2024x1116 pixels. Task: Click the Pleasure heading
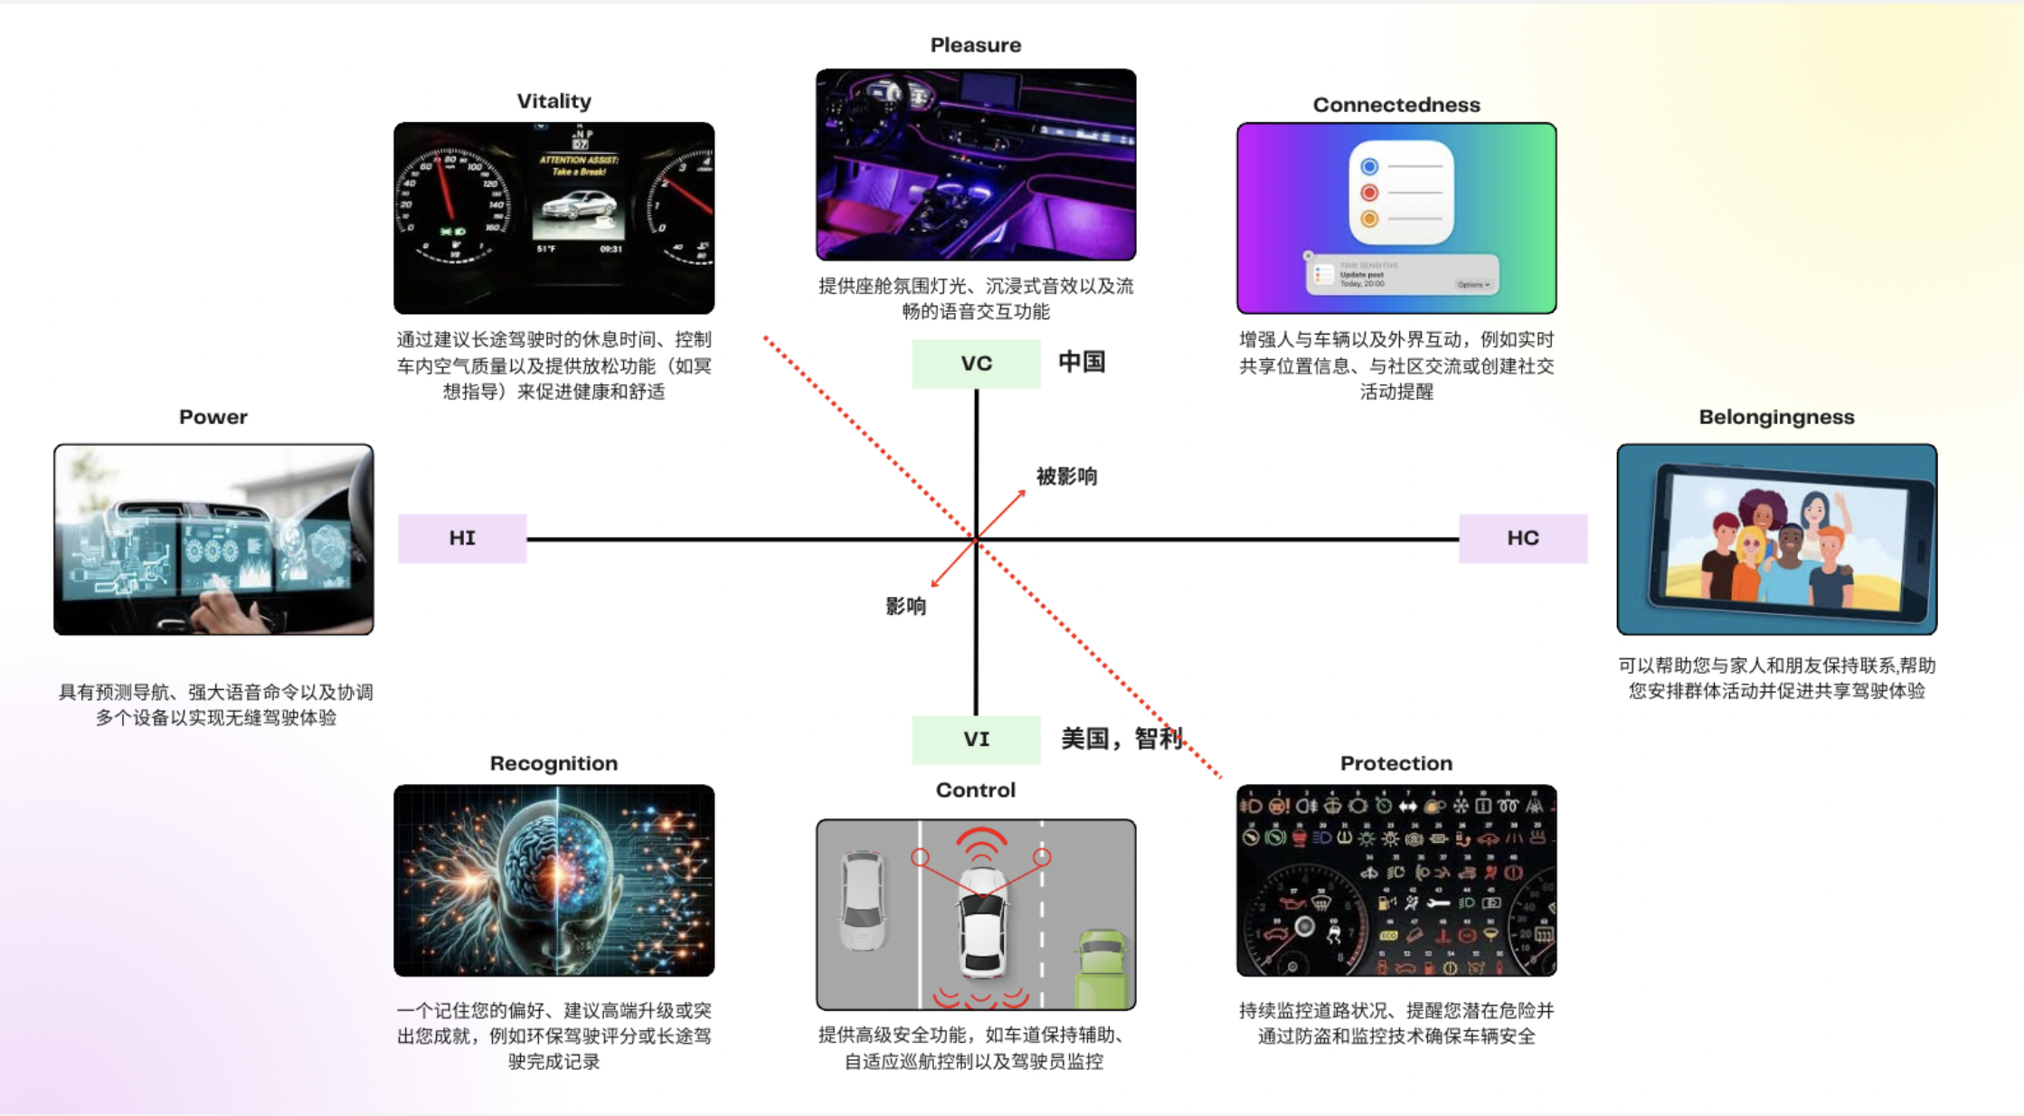(975, 45)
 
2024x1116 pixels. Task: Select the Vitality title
(553, 101)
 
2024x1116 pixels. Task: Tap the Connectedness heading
(1395, 105)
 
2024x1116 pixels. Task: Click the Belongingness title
(1775, 417)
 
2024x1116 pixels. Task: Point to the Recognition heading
(553, 763)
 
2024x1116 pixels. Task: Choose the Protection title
(1395, 763)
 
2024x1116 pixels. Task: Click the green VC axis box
(976, 364)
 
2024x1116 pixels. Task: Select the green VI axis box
(976, 740)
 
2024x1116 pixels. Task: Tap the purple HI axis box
(462, 538)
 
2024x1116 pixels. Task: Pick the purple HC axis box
(1522, 538)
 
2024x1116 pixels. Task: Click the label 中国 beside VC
(1082, 363)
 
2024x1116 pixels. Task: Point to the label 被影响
(1066, 477)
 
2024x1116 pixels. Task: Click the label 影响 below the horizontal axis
(905, 606)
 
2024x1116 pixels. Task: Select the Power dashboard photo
(213, 539)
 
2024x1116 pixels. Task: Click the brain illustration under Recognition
(553, 880)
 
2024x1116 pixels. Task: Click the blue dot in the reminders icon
(1369, 166)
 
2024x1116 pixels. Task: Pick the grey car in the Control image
(862, 900)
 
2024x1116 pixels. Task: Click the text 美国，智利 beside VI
(1121, 739)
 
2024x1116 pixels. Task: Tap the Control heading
(975, 790)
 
